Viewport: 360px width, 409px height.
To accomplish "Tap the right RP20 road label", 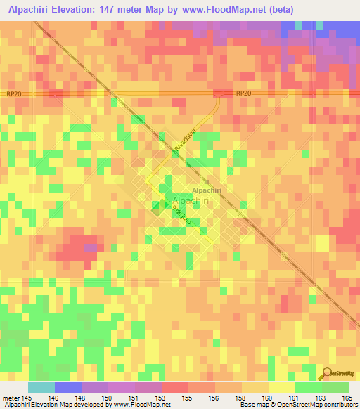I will (243, 93).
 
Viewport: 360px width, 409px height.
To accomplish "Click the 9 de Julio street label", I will (184, 214).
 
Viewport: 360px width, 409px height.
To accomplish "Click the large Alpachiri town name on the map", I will (191, 201).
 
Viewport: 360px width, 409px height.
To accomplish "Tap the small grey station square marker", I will (207, 181).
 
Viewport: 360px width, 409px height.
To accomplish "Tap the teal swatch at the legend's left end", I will (41, 387).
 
